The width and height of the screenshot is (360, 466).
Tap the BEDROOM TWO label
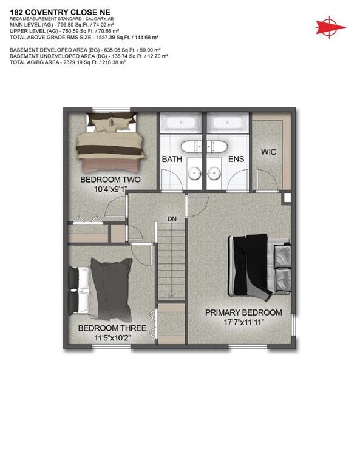(x=111, y=180)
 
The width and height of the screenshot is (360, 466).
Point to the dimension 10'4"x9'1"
(x=111, y=189)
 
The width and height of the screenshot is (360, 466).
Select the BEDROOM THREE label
(x=104, y=328)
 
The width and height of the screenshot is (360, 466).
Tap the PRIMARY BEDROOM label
(x=243, y=312)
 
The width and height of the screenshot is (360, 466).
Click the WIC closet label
(x=268, y=152)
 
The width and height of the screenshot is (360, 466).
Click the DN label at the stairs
(x=172, y=220)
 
